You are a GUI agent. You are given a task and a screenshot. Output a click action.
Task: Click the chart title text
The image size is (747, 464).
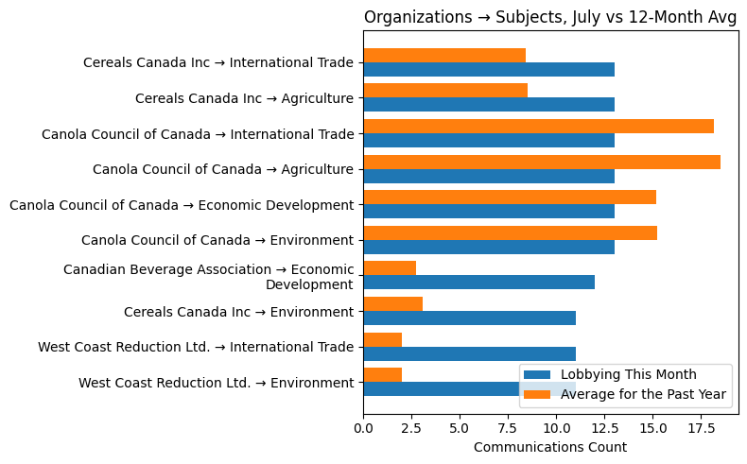(550, 17)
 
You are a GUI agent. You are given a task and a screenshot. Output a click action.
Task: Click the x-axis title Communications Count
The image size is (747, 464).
(549, 447)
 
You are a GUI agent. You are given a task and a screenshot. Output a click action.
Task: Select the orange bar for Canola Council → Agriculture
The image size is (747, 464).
(542, 162)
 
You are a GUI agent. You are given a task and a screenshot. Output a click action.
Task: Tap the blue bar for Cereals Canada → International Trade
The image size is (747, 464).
(489, 70)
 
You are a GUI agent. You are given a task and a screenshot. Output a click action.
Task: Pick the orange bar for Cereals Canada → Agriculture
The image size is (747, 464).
(445, 91)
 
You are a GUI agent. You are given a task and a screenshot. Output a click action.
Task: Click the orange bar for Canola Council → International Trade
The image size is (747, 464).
(538, 127)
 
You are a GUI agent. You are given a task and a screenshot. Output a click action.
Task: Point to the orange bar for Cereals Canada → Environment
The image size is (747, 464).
(392, 303)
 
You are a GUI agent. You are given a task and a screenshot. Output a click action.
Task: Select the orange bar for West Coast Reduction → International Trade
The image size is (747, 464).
(382, 339)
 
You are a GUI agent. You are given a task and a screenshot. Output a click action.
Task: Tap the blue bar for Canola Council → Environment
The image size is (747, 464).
(489, 247)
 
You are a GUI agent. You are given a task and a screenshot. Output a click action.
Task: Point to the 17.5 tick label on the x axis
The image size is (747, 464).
(701, 427)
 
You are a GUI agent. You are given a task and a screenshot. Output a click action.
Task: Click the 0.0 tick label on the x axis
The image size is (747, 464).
(364, 427)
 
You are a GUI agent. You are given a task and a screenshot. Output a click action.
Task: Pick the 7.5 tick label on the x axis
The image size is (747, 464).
(508, 427)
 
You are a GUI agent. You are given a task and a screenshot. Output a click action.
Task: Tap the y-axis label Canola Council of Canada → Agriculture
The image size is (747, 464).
(223, 170)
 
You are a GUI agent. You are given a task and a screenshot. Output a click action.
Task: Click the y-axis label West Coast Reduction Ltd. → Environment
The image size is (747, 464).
(216, 383)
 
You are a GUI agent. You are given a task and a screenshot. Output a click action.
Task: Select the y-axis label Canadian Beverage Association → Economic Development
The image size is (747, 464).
(208, 277)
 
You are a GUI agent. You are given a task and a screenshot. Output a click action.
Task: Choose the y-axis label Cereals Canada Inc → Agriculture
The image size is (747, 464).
(244, 98)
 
